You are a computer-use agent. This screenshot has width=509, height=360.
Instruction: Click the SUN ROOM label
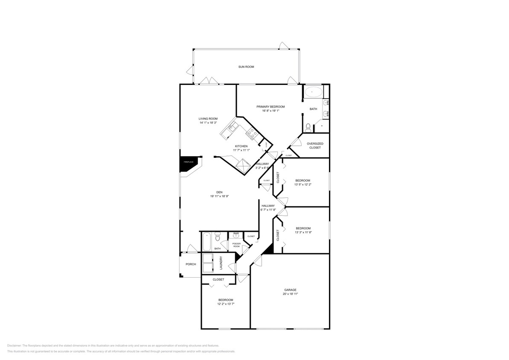click(246, 67)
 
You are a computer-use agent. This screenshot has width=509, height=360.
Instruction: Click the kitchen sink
click(233, 126)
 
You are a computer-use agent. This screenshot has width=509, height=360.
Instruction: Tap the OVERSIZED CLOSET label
click(315, 145)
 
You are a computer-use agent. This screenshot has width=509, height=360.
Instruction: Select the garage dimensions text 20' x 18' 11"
click(290, 294)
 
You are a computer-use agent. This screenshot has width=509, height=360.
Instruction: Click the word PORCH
click(191, 264)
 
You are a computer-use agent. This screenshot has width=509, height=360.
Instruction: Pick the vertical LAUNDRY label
click(221, 263)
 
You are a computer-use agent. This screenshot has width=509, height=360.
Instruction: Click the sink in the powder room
click(236, 235)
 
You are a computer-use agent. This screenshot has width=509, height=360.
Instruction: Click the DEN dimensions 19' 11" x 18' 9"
click(219, 196)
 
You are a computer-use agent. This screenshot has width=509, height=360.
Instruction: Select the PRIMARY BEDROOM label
click(270, 107)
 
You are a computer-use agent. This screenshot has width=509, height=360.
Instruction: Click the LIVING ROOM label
click(208, 119)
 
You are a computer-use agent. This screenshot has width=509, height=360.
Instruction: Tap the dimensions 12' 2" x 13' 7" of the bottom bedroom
click(226, 304)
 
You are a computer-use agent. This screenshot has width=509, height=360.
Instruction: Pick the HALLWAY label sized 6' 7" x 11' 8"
click(268, 206)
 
